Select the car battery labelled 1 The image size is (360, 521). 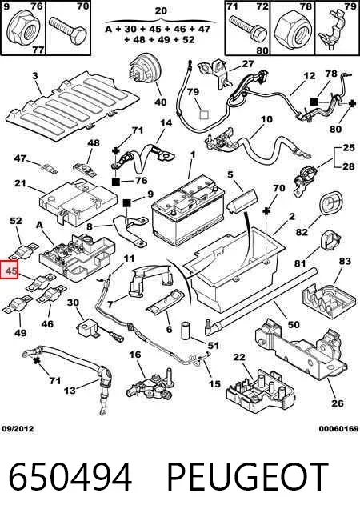click(188, 210)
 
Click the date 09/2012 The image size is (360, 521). click(18, 429)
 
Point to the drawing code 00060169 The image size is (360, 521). click(338, 429)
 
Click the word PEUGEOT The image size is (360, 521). click(247, 477)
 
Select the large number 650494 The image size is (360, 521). click(70, 477)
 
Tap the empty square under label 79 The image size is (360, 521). click(203, 114)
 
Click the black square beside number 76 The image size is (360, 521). click(115, 182)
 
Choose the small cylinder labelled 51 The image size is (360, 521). click(185, 331)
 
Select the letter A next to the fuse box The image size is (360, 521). click(39, 225)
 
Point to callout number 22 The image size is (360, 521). click(238, 358)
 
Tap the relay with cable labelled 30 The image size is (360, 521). click(87, 327)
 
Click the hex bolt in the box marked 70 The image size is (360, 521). click(68, 30)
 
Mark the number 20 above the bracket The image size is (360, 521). click(161, 10)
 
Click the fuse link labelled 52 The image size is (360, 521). click(23, 251)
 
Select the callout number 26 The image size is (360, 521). click(338, 403)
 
